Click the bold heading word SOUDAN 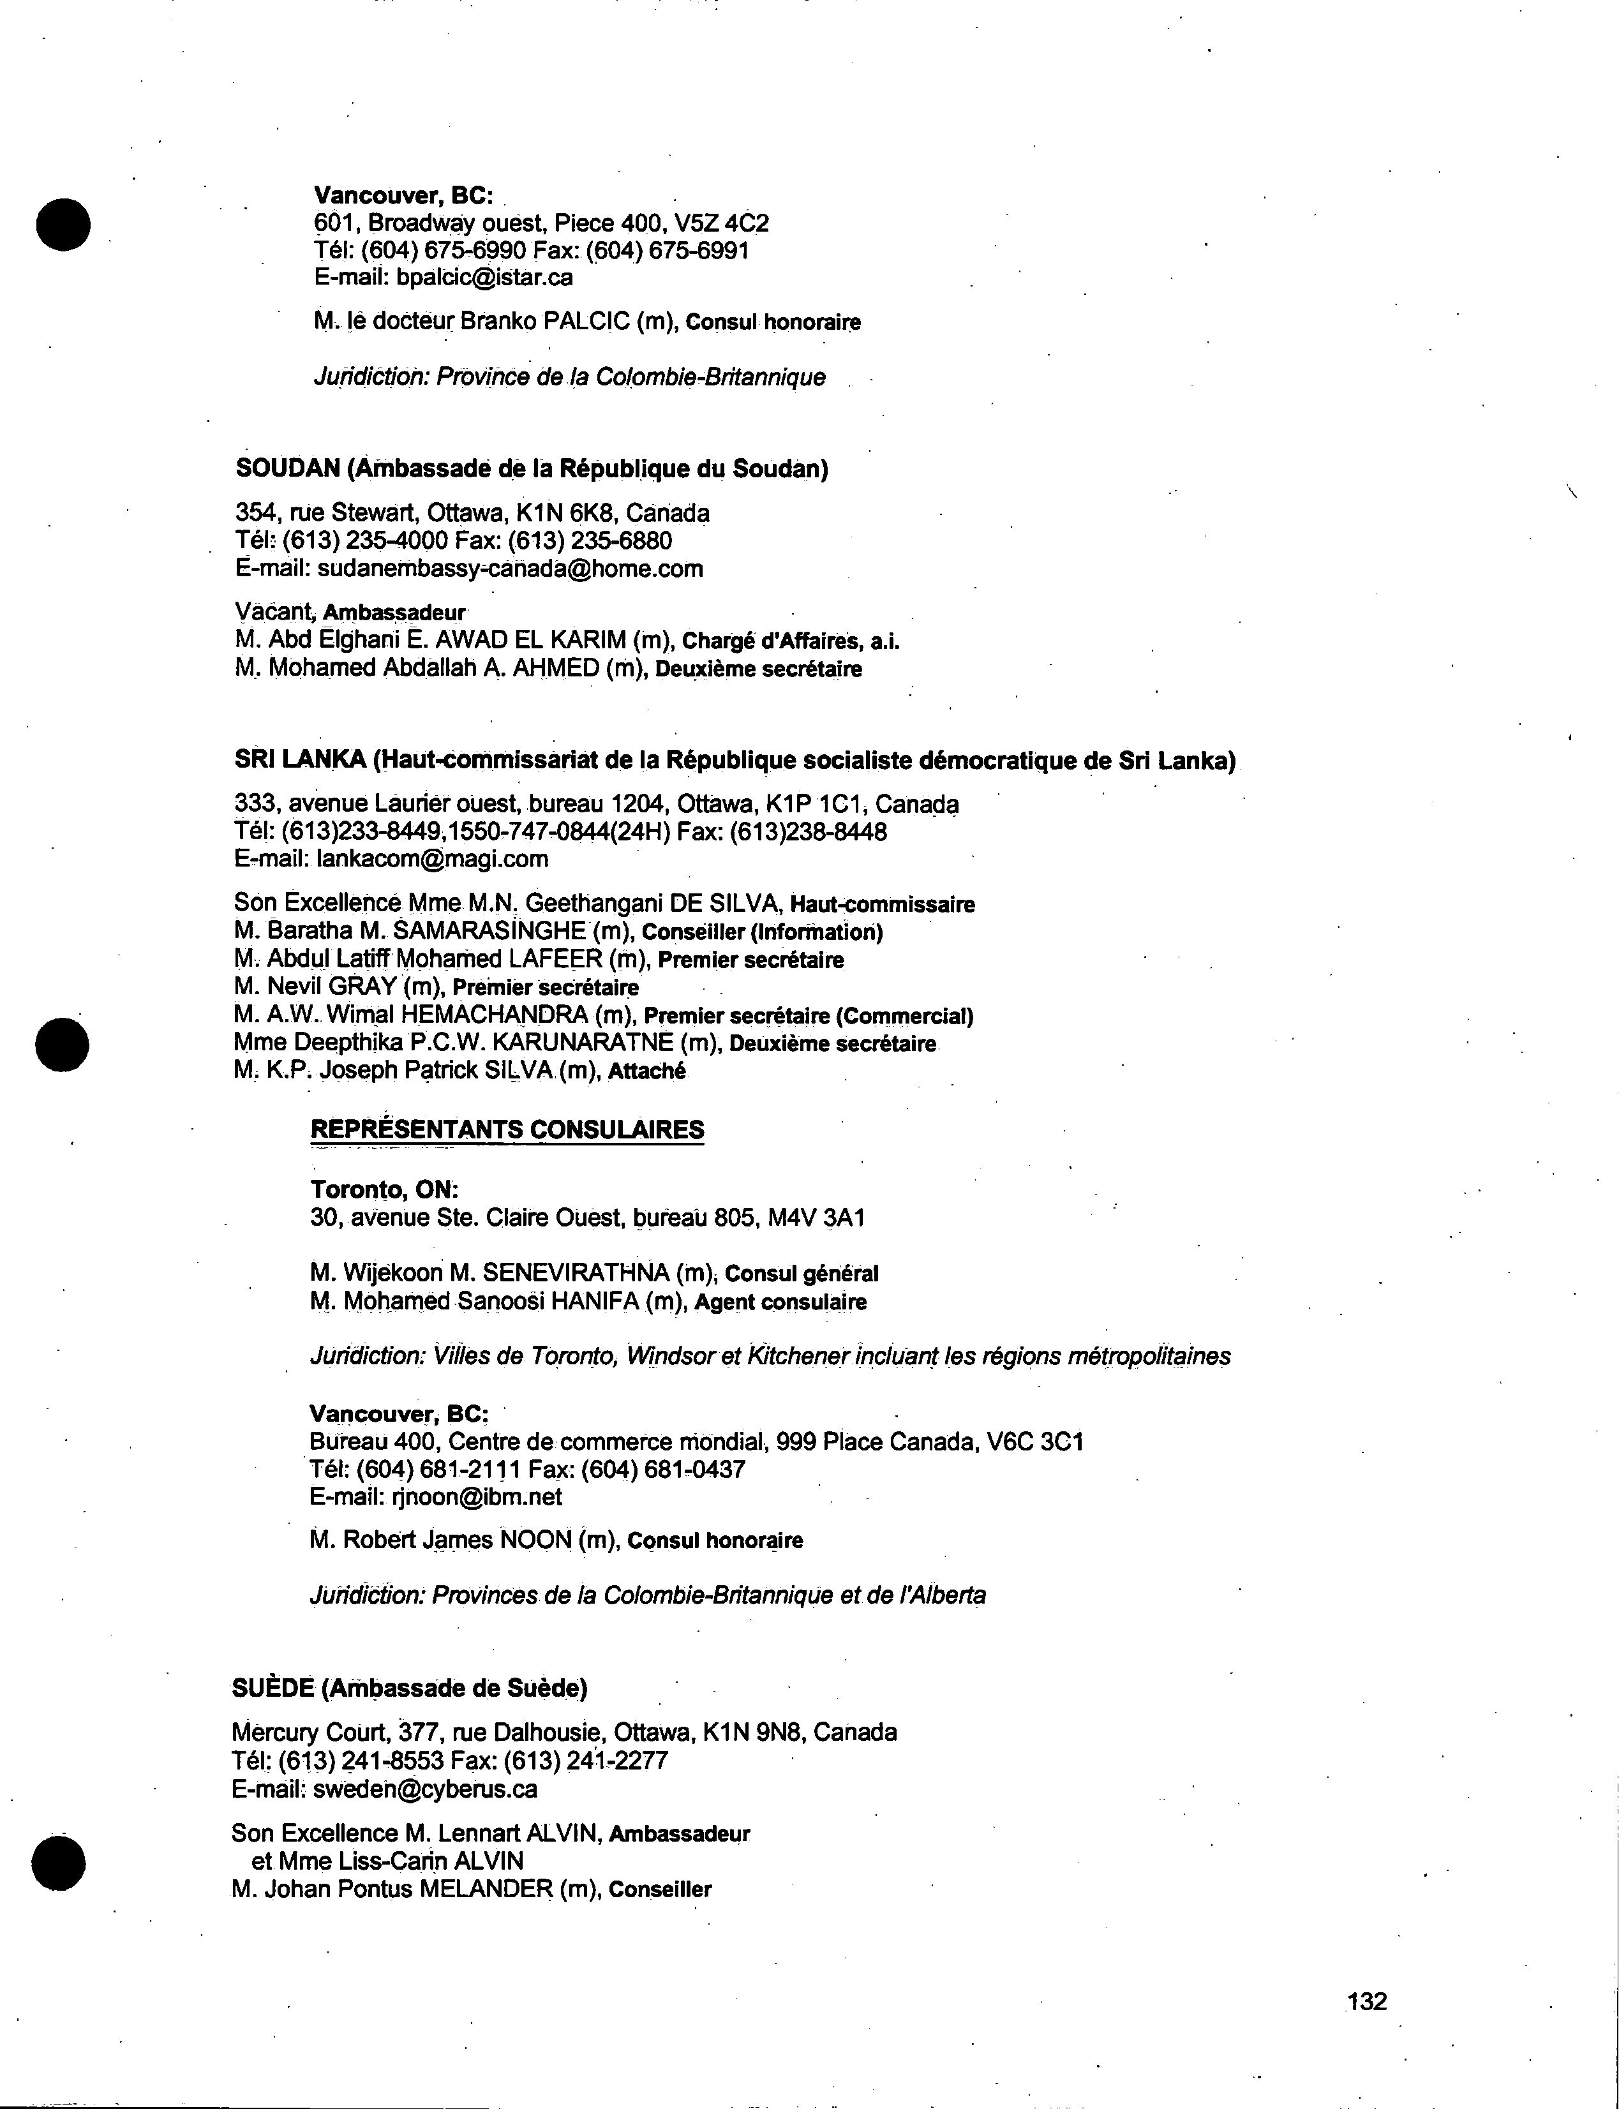pos(287,468)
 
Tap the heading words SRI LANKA pos(299,760)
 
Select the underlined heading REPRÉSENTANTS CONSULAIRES pos(507,1129)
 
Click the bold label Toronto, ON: pos(384,1190)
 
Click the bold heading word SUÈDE pos(272,1688)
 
